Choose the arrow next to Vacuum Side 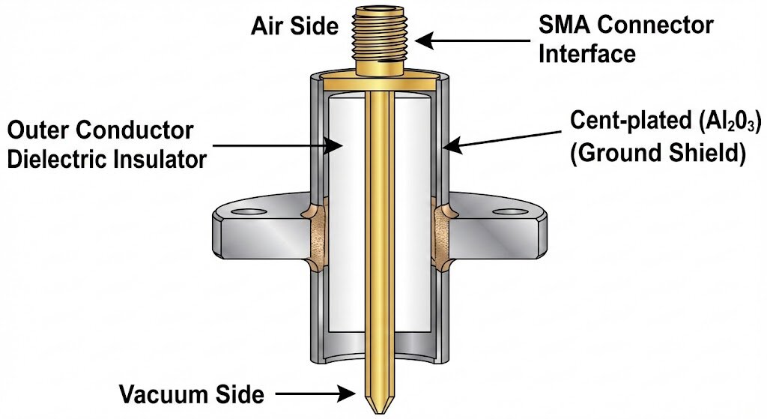(315, 394)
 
